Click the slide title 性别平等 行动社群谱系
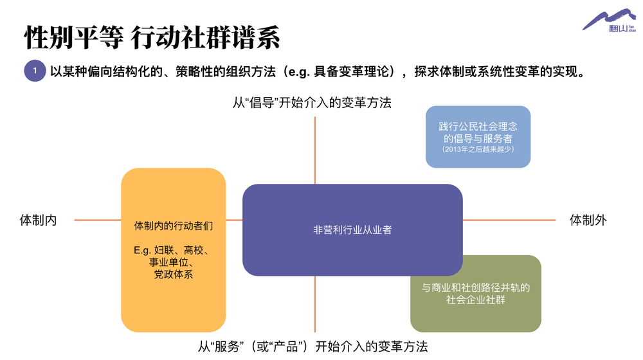click(152, 37)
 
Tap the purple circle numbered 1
click(35, 71)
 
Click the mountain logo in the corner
click(609, 21)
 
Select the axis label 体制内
click(38, 221)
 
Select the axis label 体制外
click(588, 221)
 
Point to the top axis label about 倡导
click(312, 102)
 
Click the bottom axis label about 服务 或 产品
click(313, 347)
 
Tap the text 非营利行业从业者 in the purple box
click(352, 230)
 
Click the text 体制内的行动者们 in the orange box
click(174, 226)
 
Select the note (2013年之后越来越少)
click(478, 149)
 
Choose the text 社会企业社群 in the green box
click(476, 300)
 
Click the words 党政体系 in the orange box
click(174, 274)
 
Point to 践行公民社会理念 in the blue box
click(478, 126)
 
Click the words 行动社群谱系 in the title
click(206, 37)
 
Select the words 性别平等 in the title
click(74, 37)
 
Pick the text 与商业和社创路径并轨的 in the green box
click(476, 287)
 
